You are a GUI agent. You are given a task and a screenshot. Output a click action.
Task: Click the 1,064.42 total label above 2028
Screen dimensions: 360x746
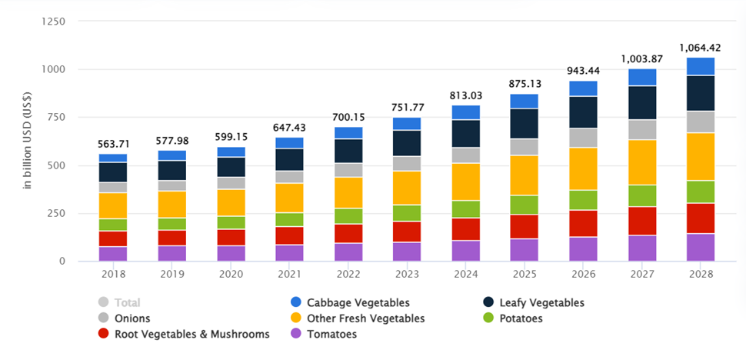(700, 48)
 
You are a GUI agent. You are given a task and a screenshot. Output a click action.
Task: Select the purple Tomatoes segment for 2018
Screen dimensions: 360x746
(112, 253)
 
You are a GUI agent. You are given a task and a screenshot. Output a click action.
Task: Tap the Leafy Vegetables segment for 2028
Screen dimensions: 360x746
(700, 93)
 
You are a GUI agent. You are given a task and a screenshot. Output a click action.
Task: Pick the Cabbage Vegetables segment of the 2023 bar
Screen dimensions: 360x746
(406, 123)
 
